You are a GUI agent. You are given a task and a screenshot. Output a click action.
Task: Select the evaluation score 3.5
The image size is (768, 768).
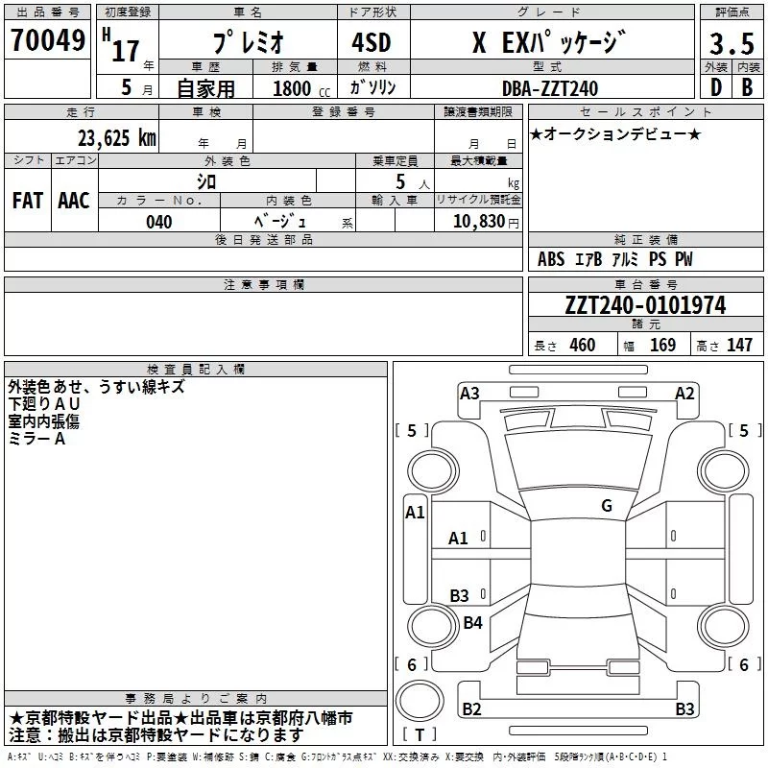pyautogui.click(x=730, y=44)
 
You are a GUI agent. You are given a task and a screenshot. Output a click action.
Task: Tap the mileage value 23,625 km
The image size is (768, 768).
pyautogui.click(x=115, y=137)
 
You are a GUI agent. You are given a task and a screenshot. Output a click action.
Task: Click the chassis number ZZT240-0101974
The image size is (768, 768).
pyautogui.click(x=644, y=306)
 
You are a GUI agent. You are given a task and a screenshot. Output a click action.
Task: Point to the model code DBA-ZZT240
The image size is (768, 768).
pyautogui.click(x=549, y=88)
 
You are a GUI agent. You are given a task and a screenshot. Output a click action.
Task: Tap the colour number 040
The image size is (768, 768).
pyautogui.click(x=158, y=222)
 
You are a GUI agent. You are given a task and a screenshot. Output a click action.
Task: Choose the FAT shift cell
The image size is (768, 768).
pyautogui.click(x=28, y=200)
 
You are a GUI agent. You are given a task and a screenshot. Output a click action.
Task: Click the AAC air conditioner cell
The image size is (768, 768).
pyautogui.click(x=74, y=200)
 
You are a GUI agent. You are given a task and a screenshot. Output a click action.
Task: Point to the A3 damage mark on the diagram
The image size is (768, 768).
pyautogui.click(x=469, y=393)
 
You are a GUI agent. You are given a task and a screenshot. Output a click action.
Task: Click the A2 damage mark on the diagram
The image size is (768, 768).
pyautogui.click(x=684, y=393)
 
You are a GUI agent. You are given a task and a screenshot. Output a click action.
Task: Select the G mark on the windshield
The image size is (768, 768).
pyautogui.click(x=607, y=506)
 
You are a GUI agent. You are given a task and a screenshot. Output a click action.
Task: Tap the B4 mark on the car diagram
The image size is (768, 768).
pyautogui.click(x=472, y=623)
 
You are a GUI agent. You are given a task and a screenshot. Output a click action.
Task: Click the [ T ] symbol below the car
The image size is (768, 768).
pyautogui.click(x=420, y=734)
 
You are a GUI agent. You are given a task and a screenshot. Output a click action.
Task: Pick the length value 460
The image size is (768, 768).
pyautogui.click(x=582, y=346)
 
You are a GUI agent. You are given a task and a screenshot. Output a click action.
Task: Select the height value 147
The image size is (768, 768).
pyautogui.click(x=739, y=346)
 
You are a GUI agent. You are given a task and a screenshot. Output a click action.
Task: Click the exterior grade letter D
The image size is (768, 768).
pyautogui.click(x=715, y=87)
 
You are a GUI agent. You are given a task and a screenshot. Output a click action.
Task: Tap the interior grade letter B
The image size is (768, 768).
pyautogui.click(x=747, y=87)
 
